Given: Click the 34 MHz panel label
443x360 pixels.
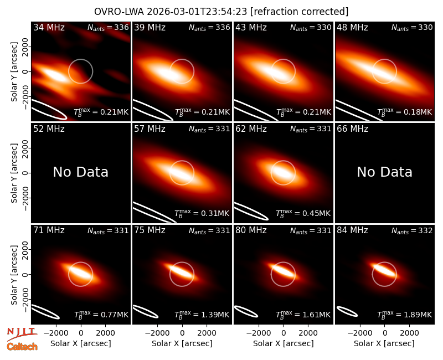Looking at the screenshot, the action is click(x=49, y=27).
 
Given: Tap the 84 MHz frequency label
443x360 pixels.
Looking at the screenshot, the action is click(x=352, y=230).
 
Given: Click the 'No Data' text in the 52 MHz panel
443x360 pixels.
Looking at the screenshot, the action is click(x=80, y=172).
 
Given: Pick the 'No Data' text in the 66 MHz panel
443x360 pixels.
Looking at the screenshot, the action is click(x=384, y=172).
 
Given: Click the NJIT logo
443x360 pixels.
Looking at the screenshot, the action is click(x=22, y=334).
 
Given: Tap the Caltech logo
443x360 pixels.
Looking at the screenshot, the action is click(x=22, y=347).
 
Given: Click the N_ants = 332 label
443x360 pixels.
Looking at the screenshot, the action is click(x=412, y=231).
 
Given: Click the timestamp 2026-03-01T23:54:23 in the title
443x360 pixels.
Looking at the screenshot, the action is click(x=197, y=12).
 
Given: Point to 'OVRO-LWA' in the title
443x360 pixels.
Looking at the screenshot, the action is click(x=119, y=12).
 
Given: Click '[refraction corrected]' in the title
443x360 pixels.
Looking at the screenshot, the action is click(x=299, y=12).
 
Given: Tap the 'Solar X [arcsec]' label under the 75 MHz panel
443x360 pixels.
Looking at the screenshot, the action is click(x=182, y=343).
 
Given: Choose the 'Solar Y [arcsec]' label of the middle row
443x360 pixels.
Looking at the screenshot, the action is click(x=14, y=173).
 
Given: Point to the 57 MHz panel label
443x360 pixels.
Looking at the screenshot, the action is click(x=150, y=129).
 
